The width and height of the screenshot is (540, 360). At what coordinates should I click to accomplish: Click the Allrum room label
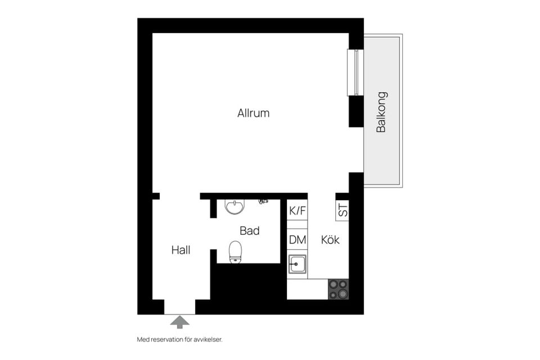tap(253, 113)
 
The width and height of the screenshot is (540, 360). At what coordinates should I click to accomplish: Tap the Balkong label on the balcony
tap(381, 112)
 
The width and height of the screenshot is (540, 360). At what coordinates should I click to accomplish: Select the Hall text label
tap(181, 250)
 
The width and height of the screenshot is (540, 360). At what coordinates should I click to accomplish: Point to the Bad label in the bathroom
tap(250, 231)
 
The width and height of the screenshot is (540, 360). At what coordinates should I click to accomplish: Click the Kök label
tap(330, 240)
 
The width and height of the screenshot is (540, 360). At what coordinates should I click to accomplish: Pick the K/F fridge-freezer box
tap(297, 210)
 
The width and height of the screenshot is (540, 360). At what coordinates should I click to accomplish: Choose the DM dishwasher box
tap(297, 240)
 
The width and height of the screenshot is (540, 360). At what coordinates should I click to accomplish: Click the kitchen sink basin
tap(297, 264)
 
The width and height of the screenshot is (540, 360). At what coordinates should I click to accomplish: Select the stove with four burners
tap(338, 289)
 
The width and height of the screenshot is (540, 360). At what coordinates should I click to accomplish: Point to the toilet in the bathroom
tap(236, 252)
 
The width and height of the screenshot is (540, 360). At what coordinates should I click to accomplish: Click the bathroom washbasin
tap(235, 206)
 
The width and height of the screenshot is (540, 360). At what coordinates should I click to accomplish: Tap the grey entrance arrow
tap(180, 322)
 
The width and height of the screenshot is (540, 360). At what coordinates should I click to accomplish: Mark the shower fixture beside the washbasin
tap(263, 201)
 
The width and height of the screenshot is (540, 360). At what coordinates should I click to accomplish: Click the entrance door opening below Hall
tap(179, 307)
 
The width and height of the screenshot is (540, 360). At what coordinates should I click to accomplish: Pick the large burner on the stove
tap(343, 294)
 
